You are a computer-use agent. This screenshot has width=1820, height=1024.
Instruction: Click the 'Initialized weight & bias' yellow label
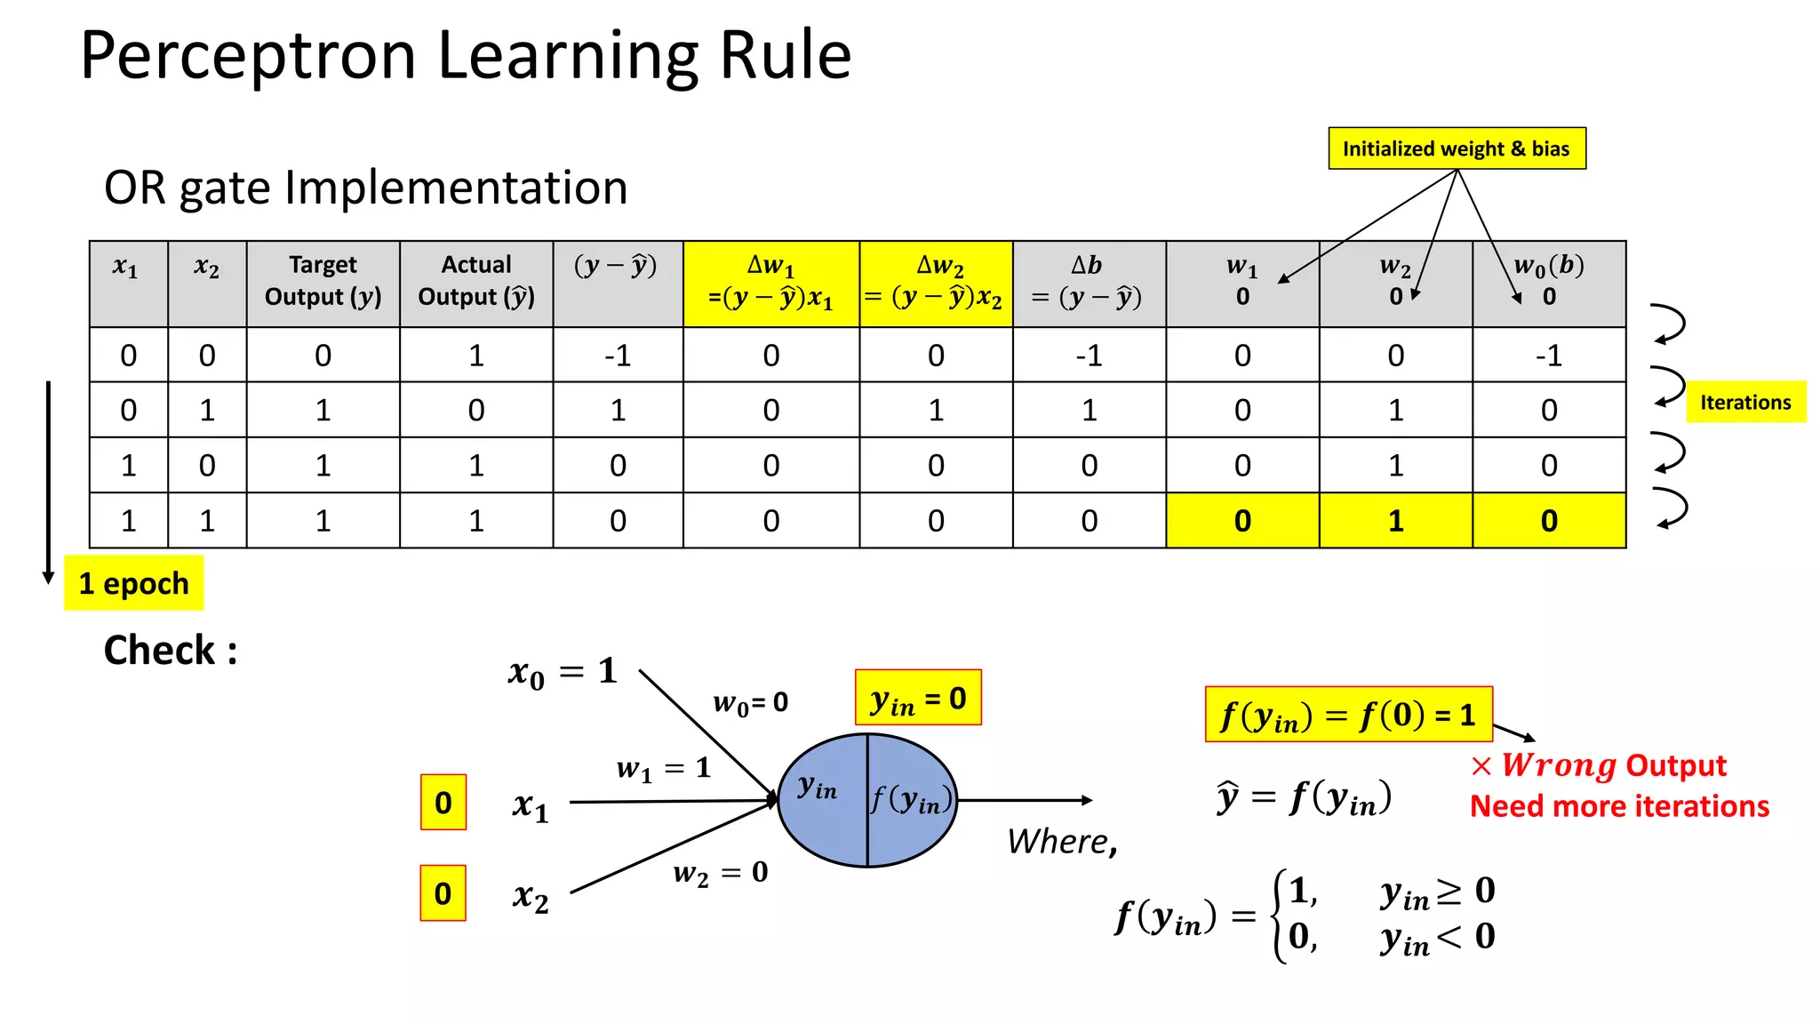click(x=1457, y=148)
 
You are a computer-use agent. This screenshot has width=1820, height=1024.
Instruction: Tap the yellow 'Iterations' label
click(x=1745, y=402)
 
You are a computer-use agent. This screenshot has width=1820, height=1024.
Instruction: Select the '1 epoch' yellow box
click(x=134, y=583)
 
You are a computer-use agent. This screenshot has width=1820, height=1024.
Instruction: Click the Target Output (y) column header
click(x=323, y=281)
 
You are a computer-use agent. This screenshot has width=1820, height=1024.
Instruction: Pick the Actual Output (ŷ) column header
click(x=476, y=281)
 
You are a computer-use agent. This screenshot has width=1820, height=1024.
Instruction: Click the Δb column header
click(x=1089, y=281)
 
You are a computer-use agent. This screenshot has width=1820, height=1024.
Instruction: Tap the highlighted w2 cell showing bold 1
click(x=1395, y=521)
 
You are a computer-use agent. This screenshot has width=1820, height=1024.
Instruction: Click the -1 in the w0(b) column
click(x=1549, y=356)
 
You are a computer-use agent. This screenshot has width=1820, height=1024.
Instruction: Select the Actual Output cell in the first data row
click(x=476, y=356)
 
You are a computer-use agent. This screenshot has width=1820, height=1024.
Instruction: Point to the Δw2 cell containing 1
click(x=936, y=410)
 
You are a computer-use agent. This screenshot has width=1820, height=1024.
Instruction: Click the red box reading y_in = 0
click(x=918, y=698)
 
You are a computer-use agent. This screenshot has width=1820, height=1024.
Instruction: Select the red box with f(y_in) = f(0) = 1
click(x=1348, y=714)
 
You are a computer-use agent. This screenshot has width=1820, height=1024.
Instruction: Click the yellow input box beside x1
click(x=443, y=803)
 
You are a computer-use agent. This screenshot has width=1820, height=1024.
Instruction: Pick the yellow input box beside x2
click(x=443, y=893)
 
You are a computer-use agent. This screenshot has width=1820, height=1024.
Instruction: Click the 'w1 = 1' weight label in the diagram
click(x=664, y=768)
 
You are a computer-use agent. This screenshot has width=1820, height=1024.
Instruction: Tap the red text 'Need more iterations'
click(x=1619, y=806)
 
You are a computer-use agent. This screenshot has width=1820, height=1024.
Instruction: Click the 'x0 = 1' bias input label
click(x=563, y=672)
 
